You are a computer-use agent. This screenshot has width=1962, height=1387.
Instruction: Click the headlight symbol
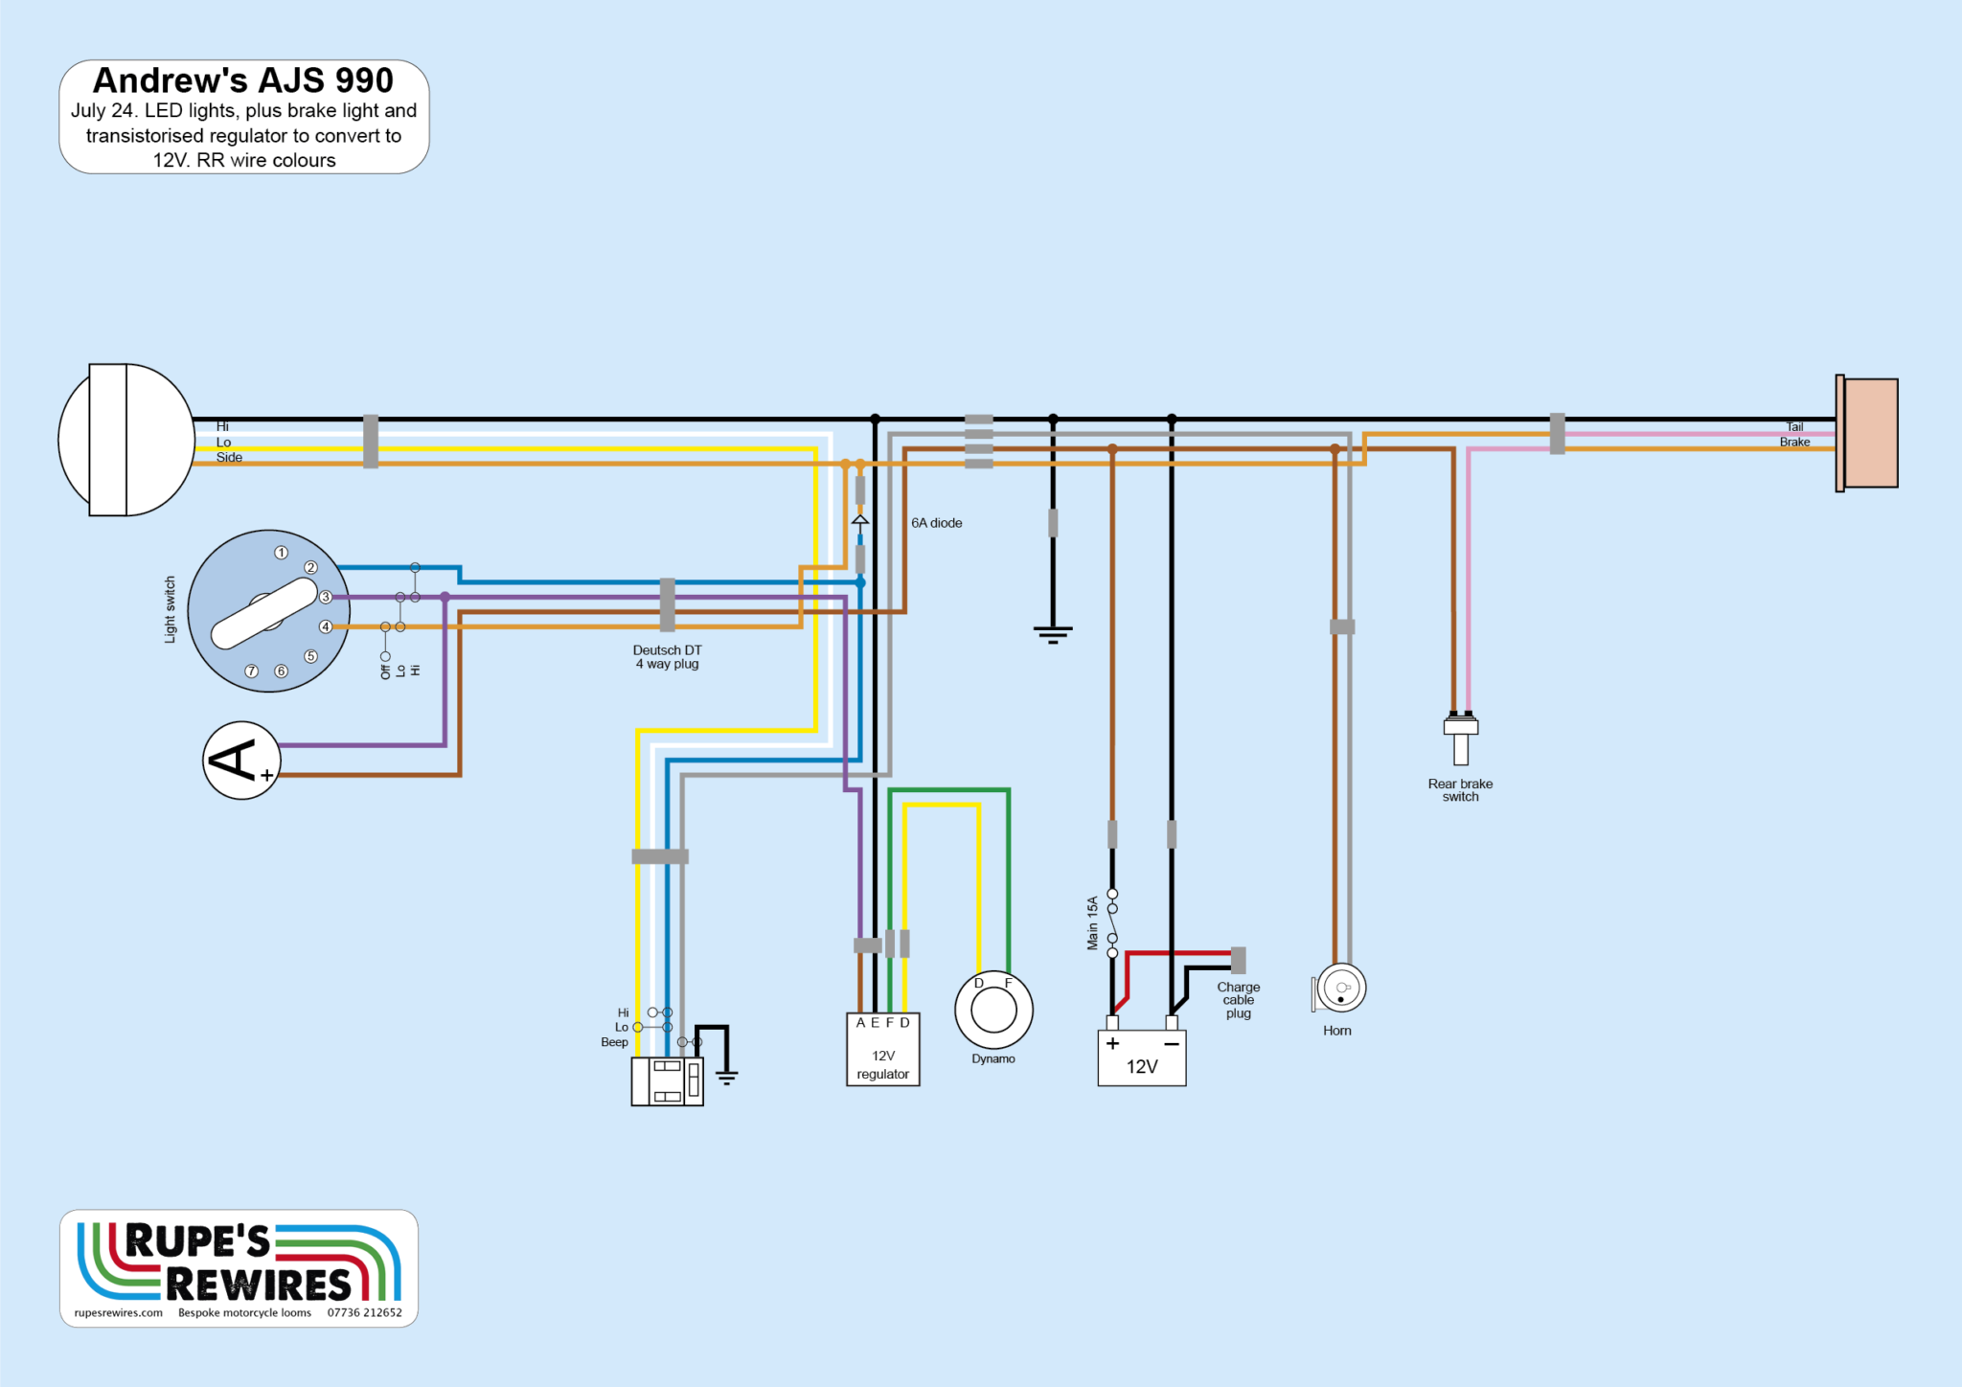(x=126, y=440)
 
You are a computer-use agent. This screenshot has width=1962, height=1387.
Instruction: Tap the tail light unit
(x=1868, y=433)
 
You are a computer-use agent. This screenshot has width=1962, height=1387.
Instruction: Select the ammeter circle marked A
(x=241, y=761)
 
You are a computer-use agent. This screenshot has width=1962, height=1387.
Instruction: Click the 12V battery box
(x=1141, y=1057)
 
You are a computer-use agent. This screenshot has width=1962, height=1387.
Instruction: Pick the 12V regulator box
(x=882, y=1049)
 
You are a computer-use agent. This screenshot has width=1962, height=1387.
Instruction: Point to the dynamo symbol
(x=993, y=1011)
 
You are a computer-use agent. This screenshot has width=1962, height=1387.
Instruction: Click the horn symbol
(x=1340, y=989)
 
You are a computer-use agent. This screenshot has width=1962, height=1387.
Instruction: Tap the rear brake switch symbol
(x=1460, y=739)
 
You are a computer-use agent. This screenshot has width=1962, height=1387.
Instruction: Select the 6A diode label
(x=936, y=523)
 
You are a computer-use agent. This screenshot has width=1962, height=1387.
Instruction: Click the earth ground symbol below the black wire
(x=1053, y=633)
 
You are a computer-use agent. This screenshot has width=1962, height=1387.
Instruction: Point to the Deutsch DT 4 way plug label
(x=667, y=657)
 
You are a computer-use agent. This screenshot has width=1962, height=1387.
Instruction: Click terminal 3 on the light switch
(x=326, y=597)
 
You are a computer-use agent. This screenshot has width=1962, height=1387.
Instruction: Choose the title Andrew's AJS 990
(x=243, y=80)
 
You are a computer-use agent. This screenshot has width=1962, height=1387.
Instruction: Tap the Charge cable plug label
(x=1238, y=1000)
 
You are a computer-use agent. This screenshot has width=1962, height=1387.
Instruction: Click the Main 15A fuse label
(x=1092, y=923)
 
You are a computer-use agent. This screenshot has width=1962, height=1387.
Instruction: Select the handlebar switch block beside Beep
(x=667, y=1081)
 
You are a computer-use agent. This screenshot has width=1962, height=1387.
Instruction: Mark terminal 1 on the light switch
(x=281, y=553)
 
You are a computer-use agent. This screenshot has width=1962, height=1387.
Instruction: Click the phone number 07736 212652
(x=364, y=1312)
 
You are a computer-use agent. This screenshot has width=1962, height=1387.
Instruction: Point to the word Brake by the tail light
(x=1794, y=443)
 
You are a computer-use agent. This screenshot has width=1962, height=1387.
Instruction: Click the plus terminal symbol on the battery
(x=1112, y=1044)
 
